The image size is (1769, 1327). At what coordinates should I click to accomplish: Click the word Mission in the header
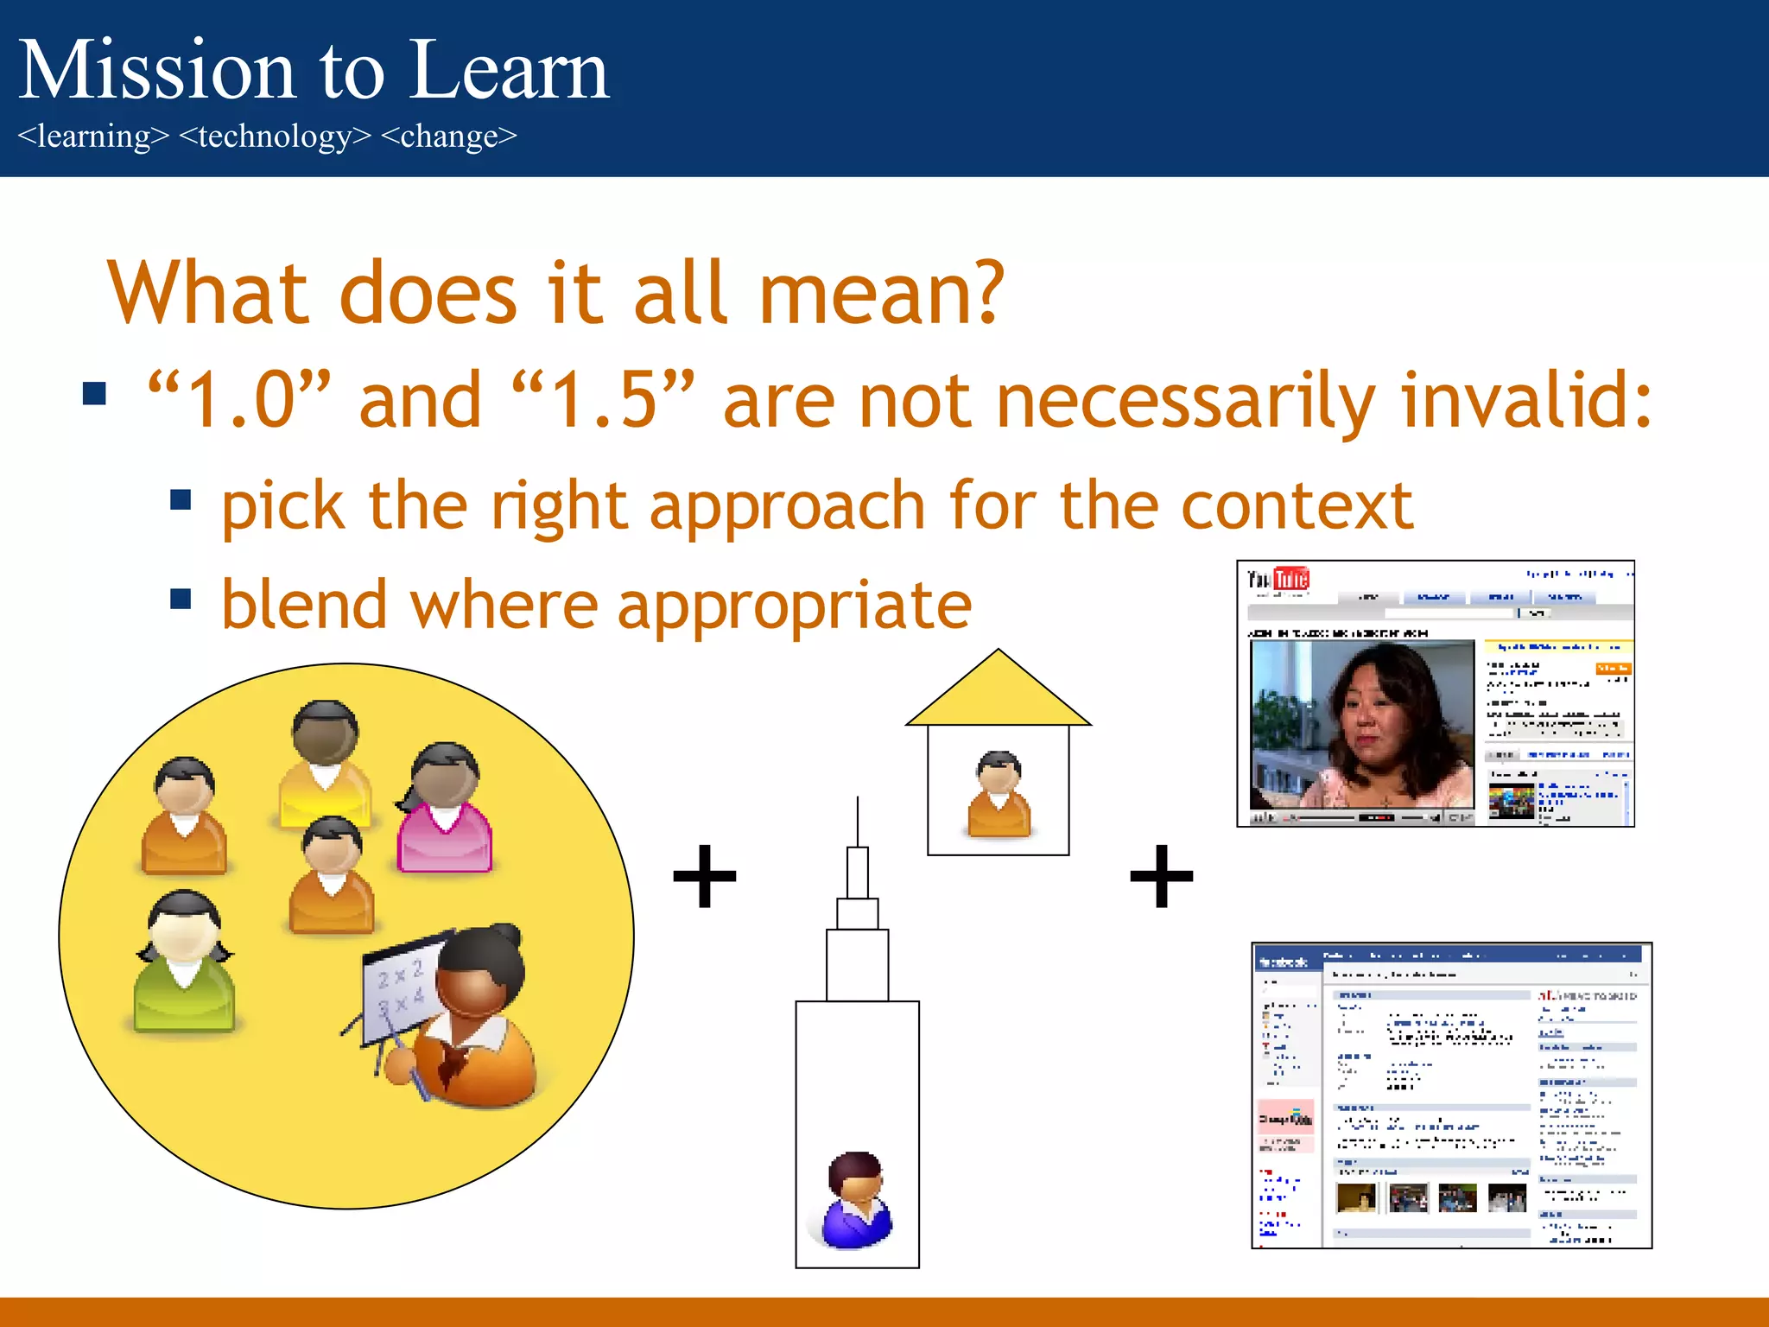156,71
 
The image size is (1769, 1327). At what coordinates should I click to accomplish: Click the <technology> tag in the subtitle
274,137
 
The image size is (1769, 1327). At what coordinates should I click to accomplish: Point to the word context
1297,505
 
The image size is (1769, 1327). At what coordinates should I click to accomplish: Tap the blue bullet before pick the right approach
181,500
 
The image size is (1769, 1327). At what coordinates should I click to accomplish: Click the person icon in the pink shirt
445,808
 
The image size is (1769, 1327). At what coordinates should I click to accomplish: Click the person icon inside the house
999,794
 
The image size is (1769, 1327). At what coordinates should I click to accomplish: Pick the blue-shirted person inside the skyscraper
856,1201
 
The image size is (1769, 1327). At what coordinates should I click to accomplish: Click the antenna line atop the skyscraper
857,821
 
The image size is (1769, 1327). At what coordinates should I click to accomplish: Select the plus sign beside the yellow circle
705,876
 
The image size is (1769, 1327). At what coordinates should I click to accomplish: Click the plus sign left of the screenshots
1162,876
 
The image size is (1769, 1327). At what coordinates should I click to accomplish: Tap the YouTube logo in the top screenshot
1278,579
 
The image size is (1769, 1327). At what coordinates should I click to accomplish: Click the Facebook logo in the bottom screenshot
1284,962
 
